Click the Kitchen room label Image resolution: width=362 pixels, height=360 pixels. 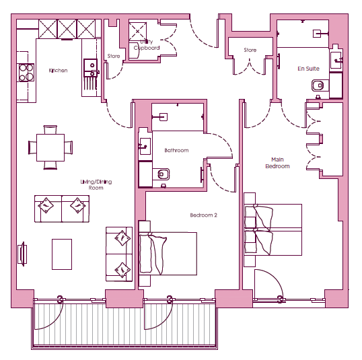point(58,71)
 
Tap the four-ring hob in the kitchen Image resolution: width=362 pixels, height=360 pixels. point(26,73)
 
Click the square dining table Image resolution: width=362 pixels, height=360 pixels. point(50,147)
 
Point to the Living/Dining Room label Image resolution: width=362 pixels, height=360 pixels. point(96,184)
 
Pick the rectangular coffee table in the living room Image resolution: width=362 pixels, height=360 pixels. point(62,254)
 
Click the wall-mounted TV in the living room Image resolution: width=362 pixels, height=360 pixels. point(22,254)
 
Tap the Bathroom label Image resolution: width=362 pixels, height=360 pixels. point(176,150)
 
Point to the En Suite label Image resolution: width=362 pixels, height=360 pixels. point(308,69)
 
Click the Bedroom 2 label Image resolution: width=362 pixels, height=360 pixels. point(203,215)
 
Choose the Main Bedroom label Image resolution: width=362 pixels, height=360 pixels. point(277,163)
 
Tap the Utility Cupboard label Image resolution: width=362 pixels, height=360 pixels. point(147,44)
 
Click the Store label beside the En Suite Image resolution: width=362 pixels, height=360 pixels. point(250,50)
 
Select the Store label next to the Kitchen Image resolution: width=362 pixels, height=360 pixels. point(114,56)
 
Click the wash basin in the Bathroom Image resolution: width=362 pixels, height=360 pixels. point(145,146)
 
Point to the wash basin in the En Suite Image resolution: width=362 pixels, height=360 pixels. point(336,60)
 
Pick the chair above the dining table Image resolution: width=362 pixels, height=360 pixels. point(50,130)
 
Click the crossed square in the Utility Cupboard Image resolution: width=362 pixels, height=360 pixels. point(137,32)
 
